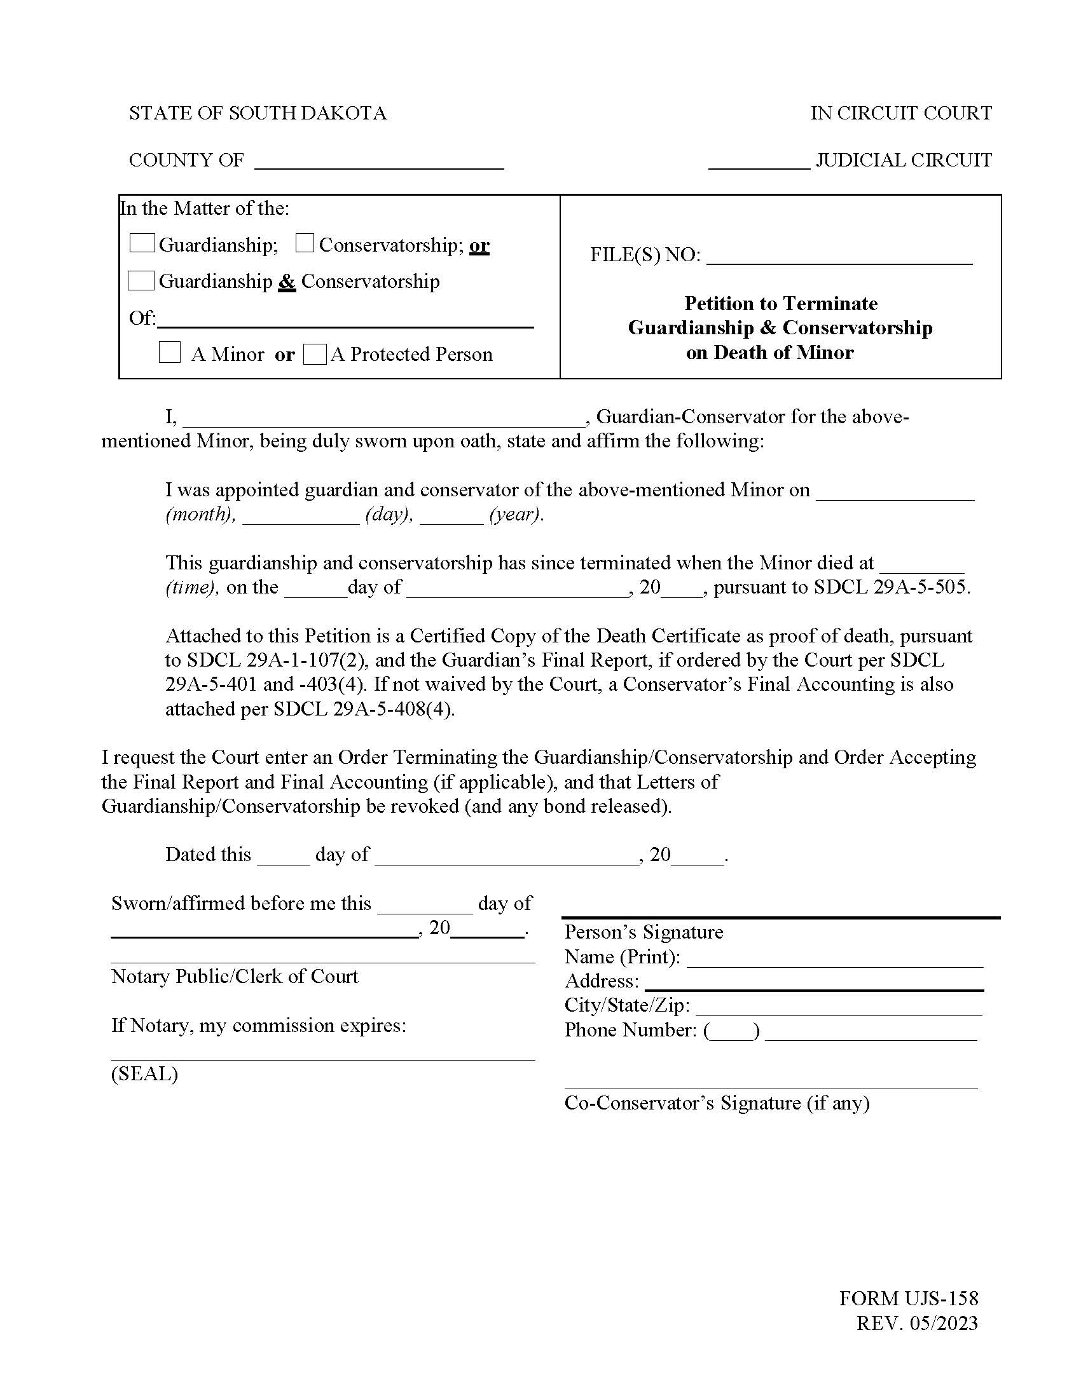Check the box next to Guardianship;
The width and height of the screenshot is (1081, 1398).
point(142,243)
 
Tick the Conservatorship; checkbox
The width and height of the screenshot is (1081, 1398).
point(304,243)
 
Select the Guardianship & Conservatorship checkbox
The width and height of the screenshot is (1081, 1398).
point(141,280)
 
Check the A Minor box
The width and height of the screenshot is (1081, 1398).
point(169,353)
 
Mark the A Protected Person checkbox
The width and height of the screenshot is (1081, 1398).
point(314,354)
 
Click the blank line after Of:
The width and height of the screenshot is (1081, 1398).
point(346,320)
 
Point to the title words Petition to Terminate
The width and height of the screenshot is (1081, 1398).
point(781,303)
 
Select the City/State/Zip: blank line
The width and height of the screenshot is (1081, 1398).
point(839,1007)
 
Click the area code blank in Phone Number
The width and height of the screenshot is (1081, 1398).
point(731,1032)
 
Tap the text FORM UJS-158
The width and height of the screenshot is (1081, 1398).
point(909,1299)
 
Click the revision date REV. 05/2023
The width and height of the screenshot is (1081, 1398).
point(917,1323)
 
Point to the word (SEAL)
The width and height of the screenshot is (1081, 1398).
point(145,1073)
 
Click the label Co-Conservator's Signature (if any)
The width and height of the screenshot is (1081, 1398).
point(717,1103)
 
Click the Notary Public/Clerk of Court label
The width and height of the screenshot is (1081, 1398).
point(235,976)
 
